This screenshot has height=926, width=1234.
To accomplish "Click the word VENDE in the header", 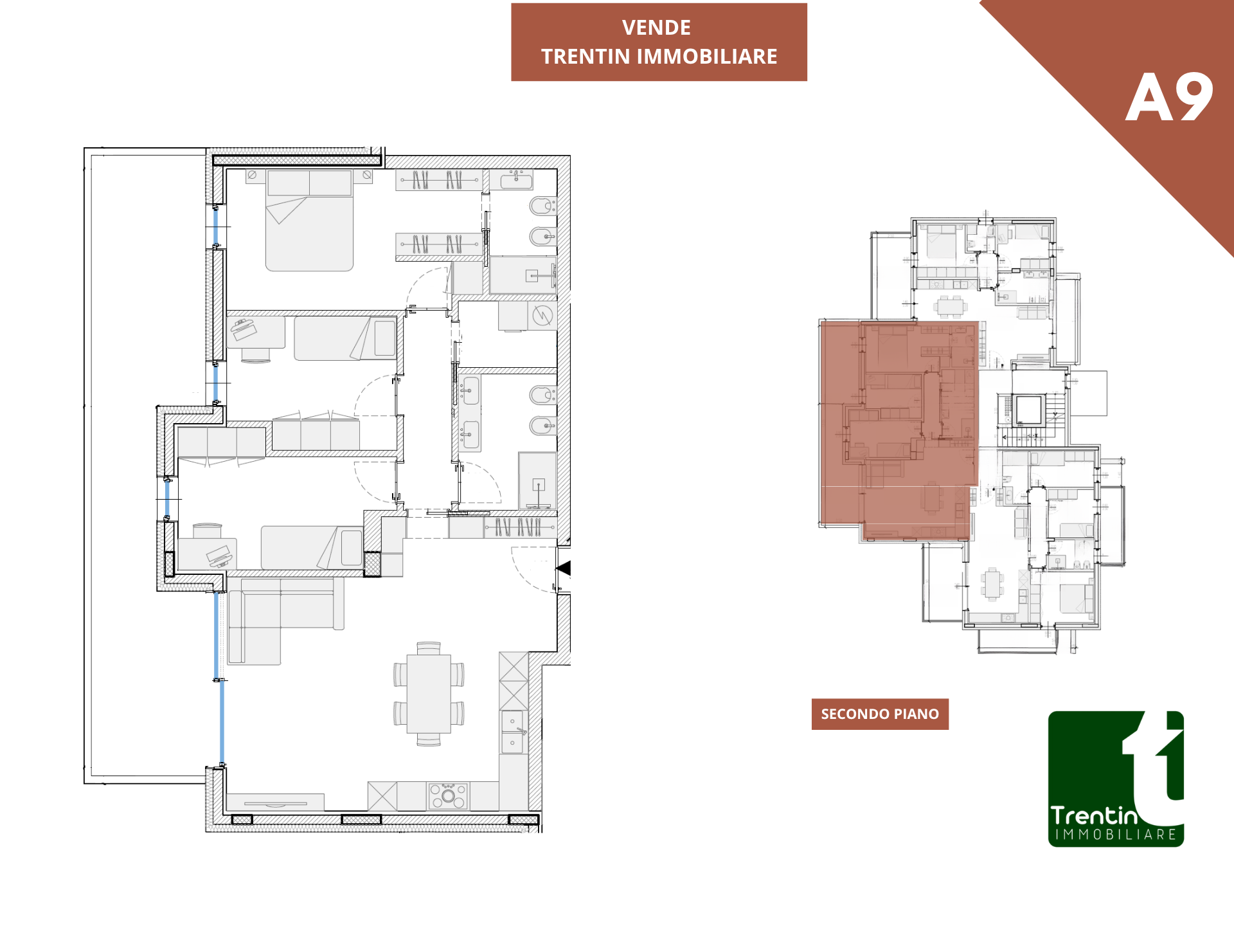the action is tap(656, 28).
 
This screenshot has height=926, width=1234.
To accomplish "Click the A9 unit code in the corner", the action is tap(1169, 97).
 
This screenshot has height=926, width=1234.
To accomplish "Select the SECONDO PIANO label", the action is tap(880, 714).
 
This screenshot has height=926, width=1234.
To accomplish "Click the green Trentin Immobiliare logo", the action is tap(1116, 779).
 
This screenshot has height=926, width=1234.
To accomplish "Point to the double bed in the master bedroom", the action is tap(309, 221).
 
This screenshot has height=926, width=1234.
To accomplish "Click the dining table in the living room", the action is tap(429, 694).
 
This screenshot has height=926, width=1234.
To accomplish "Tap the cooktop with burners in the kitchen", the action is tap(449, 796).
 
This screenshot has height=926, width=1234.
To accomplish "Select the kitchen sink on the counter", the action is tap(513, 732).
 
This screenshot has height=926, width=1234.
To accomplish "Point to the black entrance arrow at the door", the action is tap(564, 568).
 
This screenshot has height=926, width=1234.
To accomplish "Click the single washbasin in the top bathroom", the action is tap(516, 180).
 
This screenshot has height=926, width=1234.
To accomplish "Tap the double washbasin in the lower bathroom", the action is tap(470, 413).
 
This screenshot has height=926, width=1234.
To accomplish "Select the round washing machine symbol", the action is tap(542, 316).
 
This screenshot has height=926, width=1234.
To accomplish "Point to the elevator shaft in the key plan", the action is tap(1028, 410).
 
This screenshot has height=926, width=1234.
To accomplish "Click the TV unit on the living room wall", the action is tap(275, 803).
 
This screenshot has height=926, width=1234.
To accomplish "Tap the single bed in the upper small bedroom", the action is tap(346, 338).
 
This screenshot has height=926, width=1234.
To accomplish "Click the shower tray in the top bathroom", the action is tap(523, 275).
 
